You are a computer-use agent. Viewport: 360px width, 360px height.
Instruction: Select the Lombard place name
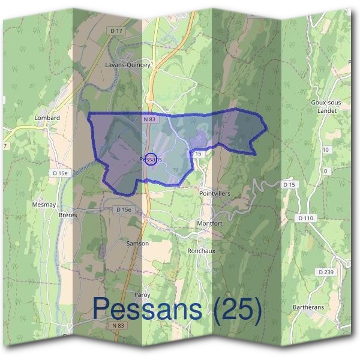47,118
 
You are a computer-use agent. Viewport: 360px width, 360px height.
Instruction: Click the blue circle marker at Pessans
151,159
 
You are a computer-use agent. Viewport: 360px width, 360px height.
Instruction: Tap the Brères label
68,215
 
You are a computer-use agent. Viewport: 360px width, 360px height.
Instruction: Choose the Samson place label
137,244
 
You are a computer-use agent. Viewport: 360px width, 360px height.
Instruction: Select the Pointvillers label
214,194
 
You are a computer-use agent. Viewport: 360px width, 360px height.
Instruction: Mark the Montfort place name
209,223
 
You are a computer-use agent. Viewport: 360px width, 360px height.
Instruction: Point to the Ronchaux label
201,251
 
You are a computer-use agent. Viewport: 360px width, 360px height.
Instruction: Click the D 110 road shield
305,217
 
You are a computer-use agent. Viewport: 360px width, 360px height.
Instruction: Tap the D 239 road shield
326,272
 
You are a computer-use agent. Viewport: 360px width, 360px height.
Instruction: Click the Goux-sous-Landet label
326,106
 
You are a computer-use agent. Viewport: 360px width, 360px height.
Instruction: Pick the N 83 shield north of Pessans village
149,119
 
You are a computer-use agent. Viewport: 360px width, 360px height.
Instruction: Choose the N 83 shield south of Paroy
118,325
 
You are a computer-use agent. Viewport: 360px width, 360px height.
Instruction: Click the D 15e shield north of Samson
122,209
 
